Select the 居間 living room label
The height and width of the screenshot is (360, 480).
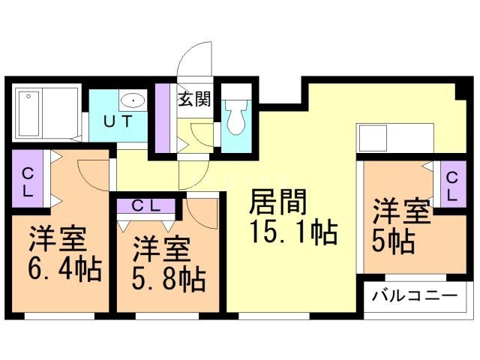[277, 202]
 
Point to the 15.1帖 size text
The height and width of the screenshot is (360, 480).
[292, 233]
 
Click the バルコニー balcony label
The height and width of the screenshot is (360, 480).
[415, 296]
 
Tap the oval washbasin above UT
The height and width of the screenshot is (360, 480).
[133, 99]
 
